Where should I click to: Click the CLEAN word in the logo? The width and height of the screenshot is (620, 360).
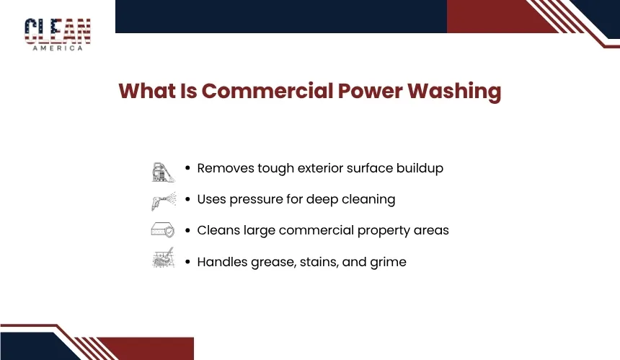[x=58, y=31]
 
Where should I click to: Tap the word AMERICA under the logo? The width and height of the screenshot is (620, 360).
[x=58, y=48]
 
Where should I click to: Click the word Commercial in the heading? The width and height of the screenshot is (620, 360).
[x=267, y=91]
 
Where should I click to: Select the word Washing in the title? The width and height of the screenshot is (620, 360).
[x=454, y=92]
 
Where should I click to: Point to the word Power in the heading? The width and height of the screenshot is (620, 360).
[x=371, y=91]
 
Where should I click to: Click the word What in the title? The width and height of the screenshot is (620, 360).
[x=147, y=91]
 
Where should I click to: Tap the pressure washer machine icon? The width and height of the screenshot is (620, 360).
[x=164, y=172]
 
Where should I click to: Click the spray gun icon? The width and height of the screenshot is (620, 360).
[x=164, y=201]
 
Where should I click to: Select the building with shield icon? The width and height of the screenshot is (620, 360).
[x=163, y=230]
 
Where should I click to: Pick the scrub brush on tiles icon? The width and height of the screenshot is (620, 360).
[x=164, y=258]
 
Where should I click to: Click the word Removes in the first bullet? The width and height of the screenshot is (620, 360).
[x=226, y=168]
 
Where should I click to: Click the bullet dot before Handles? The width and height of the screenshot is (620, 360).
[x=187, y=262]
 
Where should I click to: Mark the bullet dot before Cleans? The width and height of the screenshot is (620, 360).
[x=187, y=230]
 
